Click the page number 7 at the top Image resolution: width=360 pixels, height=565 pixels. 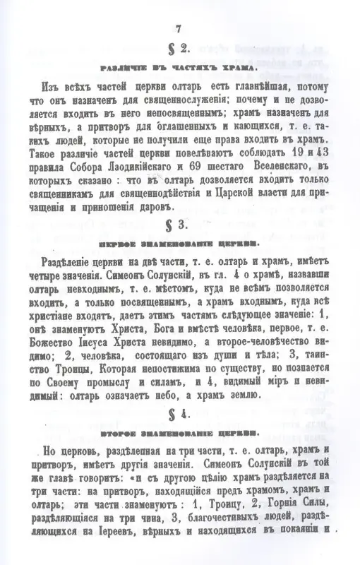tap(179, 28)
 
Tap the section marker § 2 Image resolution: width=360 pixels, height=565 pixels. tap(179, 50)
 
